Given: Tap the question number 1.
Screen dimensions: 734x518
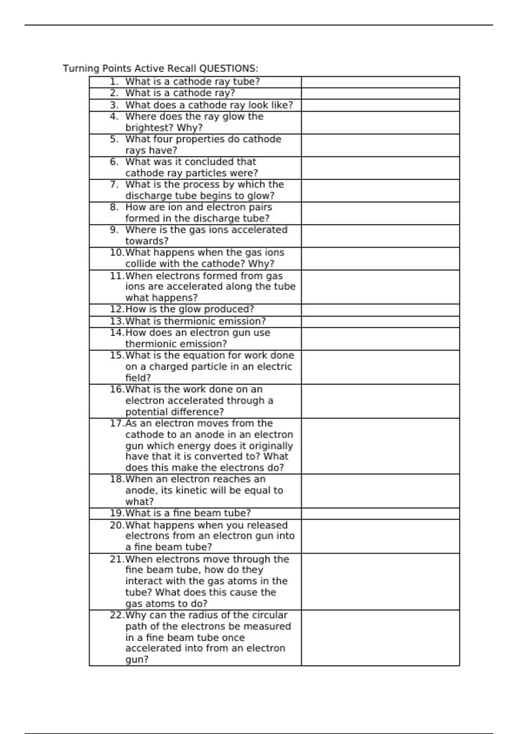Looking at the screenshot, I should [114, 82].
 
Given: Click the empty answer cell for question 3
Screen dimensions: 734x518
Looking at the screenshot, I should [380, 105].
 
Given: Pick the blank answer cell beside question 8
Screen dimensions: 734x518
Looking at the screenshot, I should [380, 213].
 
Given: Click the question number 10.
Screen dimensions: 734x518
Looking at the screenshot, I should [117, 253].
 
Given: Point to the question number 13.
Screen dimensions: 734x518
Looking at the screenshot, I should [117, 321].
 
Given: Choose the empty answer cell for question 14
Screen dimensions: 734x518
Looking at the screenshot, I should [380, 339].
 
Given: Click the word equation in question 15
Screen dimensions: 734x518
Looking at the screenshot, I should [204, 355].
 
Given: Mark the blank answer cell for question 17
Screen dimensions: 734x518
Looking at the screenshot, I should [380, 446].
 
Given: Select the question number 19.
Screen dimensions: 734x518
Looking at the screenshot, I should [117, 513].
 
